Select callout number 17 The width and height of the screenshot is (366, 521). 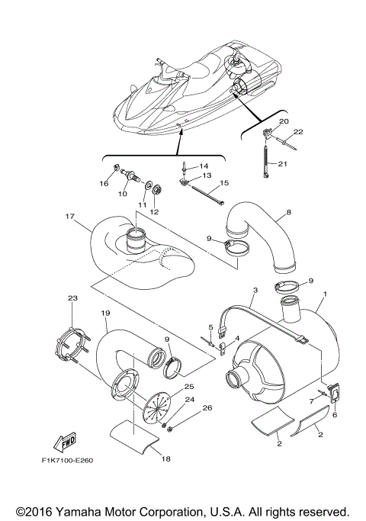(69, 216)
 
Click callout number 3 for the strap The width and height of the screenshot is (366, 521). (255, 290)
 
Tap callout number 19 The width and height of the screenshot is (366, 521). (106, 314)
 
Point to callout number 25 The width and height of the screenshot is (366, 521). (189, 388)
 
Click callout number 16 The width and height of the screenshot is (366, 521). (104, 184)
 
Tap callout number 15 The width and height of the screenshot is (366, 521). (203, 183)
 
